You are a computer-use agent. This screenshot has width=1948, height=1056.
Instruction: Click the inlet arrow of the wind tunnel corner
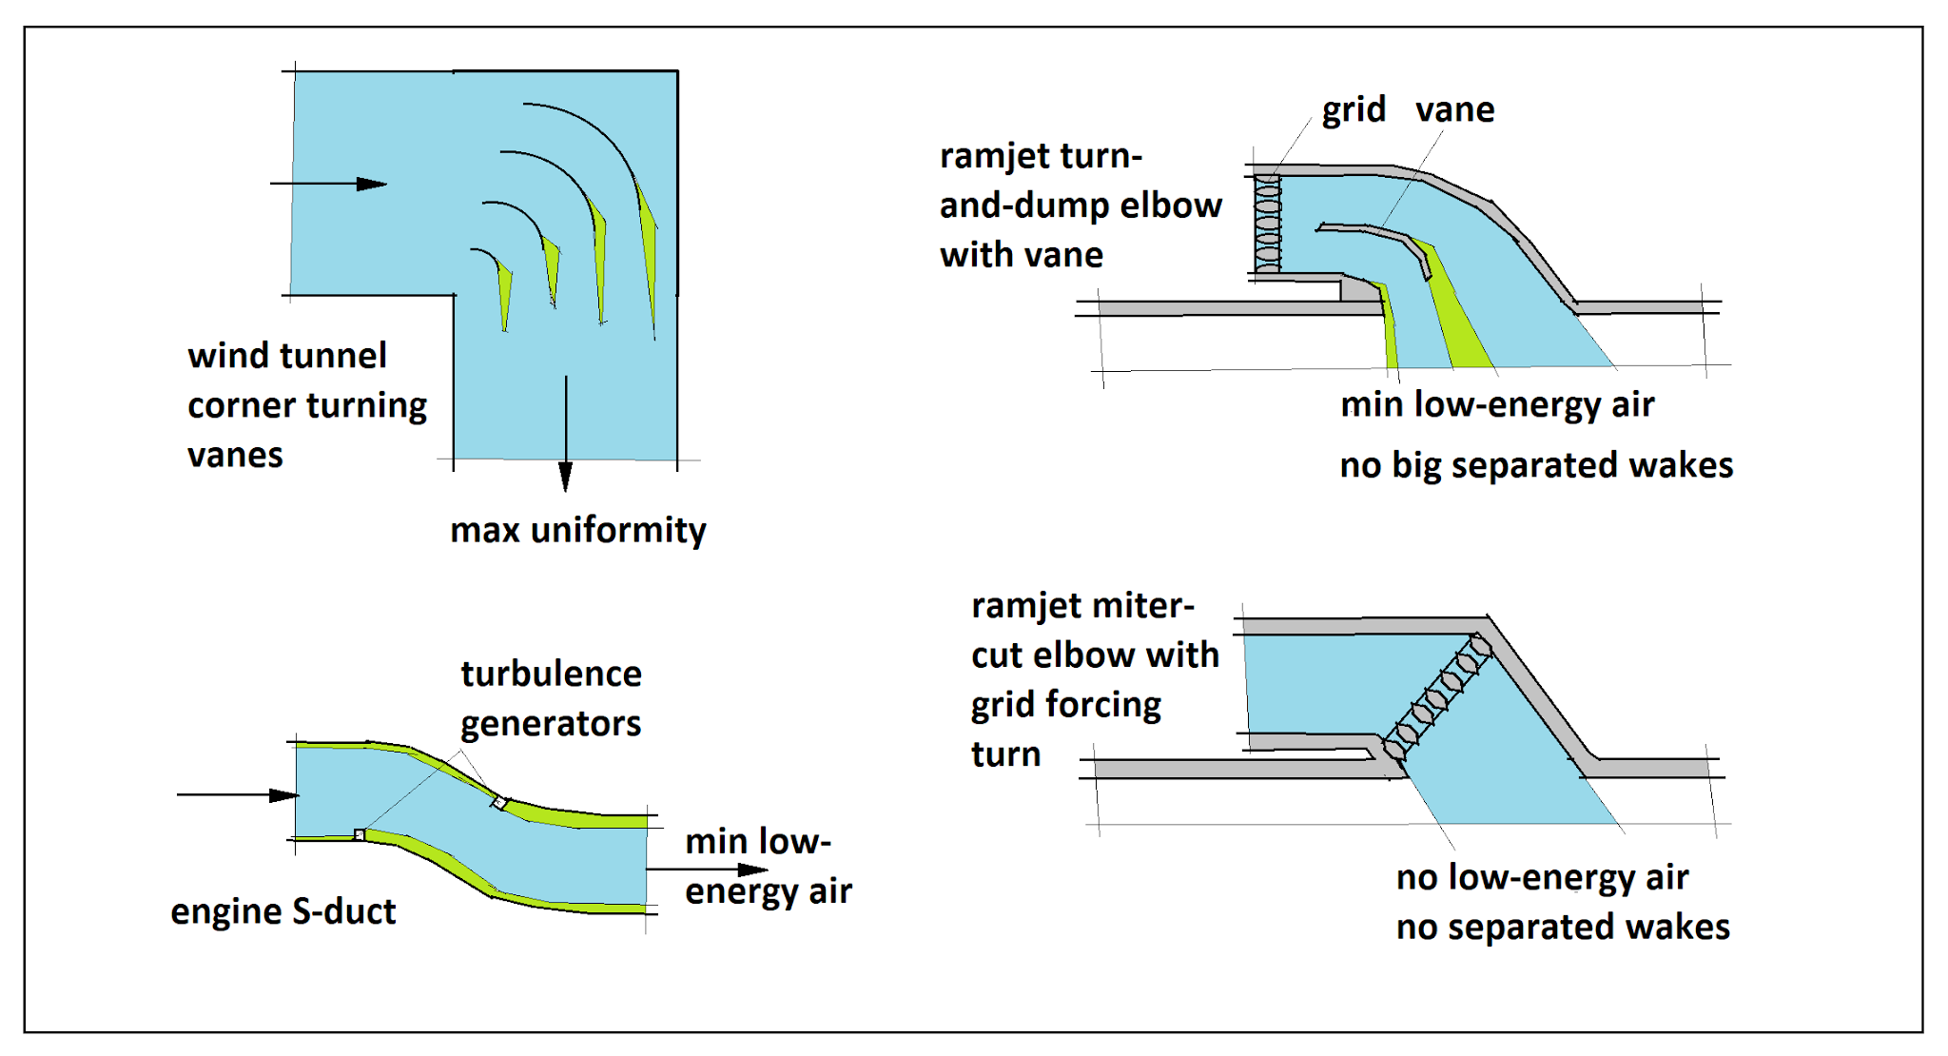(x=328, y=184)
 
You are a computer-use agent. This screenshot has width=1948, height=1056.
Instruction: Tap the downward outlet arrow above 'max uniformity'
(x=566, y=434)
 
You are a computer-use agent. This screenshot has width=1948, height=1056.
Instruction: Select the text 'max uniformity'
(x=578, y=530)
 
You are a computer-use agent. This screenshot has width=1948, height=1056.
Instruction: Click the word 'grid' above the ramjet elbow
(x=1354, y=110)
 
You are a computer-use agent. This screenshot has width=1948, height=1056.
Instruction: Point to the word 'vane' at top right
(x=1454, y=110)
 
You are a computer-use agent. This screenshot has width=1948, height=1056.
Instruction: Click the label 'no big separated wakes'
(x=1536, y=465)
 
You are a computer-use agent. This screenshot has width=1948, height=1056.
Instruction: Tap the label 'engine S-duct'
(x=283, y=911)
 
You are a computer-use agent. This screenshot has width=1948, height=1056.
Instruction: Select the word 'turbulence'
(x=552, y=674)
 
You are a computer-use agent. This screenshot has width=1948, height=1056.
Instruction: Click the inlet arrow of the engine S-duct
(x=238, y=794)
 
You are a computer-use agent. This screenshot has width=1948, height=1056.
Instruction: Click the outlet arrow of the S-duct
(x=708, y=869)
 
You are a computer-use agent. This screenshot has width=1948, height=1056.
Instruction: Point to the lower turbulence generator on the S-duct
(x=360, y=834)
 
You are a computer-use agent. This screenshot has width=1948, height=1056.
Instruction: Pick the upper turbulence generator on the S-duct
(x=499, y=803)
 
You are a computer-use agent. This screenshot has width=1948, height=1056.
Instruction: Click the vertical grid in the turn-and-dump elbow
(x=1267, y=225)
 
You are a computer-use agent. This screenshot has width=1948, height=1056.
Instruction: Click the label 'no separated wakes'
(x=1563, y=928)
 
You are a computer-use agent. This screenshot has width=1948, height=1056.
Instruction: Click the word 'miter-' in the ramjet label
(x=1142, y=606)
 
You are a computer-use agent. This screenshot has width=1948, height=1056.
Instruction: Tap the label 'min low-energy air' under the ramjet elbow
(x=1497, y=405)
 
